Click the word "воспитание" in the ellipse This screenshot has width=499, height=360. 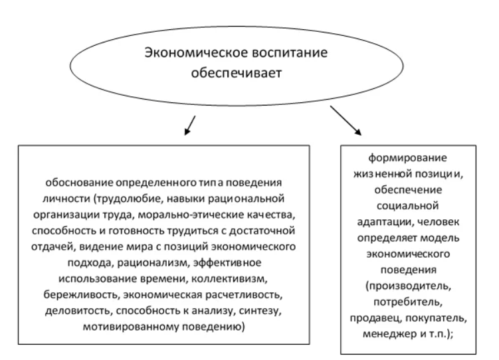pos(289,53)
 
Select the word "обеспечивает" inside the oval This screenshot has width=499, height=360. pos(237,74)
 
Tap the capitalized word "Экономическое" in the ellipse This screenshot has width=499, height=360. pos(196,52)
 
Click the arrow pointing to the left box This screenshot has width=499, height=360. pos(190,126)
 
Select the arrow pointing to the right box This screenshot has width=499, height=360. pos(346,120)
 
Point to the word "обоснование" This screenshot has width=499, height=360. pos(79,183)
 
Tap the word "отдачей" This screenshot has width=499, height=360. pos(53,247)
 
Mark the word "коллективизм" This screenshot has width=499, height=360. pos(229,279)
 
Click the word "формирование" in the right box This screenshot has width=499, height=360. pos(408,158)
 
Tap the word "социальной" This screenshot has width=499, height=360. pos(408,206)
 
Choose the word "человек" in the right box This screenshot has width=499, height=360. pos(438,222)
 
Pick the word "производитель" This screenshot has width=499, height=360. pos(408,286)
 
